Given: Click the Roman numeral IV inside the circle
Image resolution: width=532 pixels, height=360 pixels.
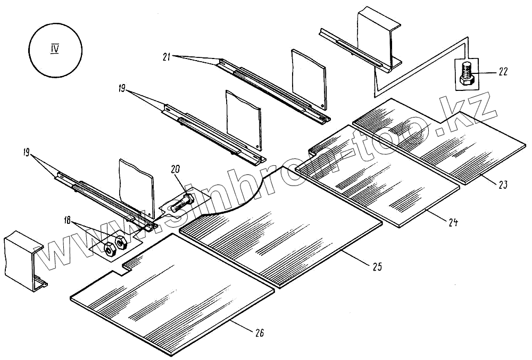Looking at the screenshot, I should click(x=54, y=49).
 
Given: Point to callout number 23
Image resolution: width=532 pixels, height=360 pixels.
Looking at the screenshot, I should click(x=503, y=186).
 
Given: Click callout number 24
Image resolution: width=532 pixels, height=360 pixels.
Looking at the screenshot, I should click(x=453, y=222).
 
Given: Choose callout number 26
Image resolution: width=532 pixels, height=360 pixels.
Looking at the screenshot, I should click(x=259, y=333).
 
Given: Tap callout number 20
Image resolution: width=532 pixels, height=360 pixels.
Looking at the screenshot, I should click(x=176, y=169).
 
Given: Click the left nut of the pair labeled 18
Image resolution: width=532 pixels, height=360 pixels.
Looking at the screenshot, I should click(x=110, y=248).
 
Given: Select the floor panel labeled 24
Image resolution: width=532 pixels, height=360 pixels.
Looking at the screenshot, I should click(x=383, y=181).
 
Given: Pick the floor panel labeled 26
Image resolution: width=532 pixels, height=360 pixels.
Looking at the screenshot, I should click(x=176, y=298).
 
